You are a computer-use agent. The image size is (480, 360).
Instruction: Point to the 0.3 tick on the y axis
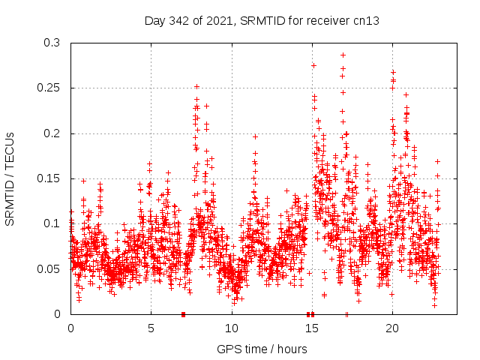click(x=52, y=43)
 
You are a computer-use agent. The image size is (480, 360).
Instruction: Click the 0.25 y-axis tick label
click(x=49, y=88)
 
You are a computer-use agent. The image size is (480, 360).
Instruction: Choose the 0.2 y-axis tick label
click(x=52, y=133)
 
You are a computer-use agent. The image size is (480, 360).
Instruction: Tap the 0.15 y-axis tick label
click(x=49, y=178)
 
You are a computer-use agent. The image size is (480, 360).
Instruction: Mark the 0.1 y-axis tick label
click(x=52, y=223)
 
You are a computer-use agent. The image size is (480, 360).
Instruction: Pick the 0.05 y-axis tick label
click(x=49, y=268)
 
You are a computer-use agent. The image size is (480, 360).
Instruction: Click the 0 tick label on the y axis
click(x=58, y=313)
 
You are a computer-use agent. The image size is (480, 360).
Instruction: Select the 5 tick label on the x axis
click(x=151, y=328)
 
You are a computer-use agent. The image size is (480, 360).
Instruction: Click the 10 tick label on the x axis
click(x=231, y=328)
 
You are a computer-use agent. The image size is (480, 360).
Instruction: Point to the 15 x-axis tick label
click(x=311, y=328)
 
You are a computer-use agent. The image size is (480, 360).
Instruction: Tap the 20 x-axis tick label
click(x=391, y=328)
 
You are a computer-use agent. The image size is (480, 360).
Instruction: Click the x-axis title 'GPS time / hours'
click(x=262, y=349)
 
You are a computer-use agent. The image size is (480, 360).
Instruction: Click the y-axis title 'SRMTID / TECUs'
click(x=10, y=178)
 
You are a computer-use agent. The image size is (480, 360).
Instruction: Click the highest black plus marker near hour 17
click(x=343, y=55)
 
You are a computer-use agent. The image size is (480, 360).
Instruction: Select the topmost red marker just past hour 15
click(x=313, y=65)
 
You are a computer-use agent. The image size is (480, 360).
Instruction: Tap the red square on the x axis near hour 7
click(x=183, y=314)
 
